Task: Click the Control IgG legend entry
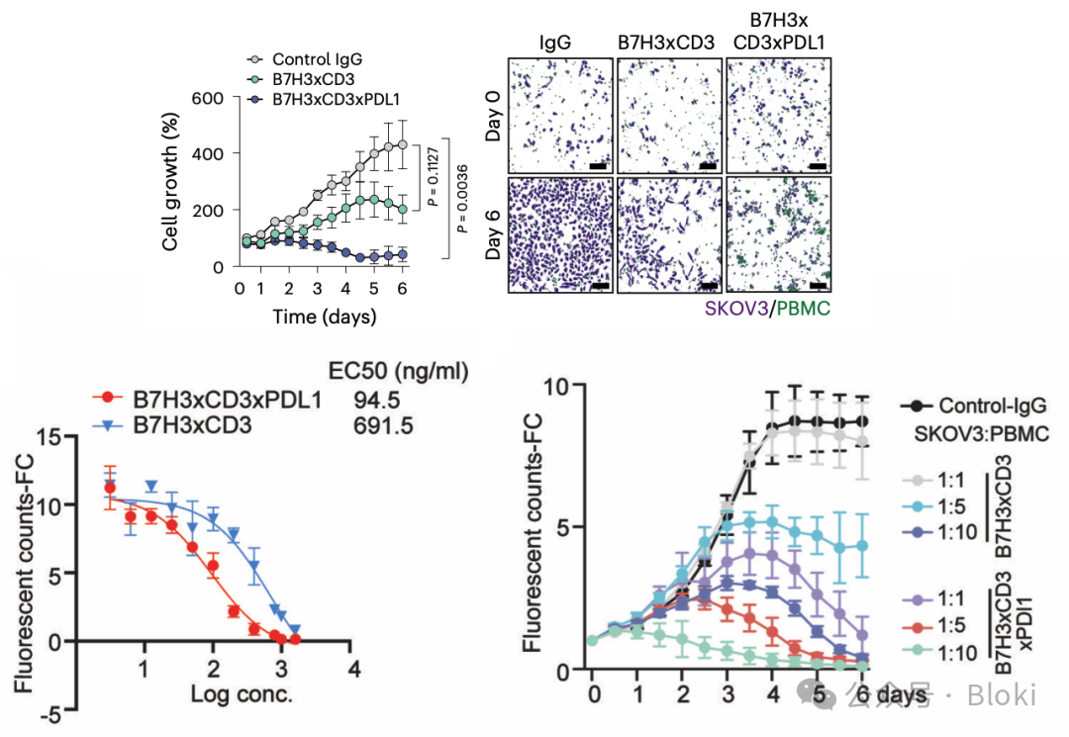[312, 58]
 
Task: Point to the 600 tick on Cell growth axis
[212, 98]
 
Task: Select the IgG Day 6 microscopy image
[559, 234]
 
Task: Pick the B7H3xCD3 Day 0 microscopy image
[668, 116]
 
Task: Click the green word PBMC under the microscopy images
[804, 310]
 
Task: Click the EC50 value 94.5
[372, 401]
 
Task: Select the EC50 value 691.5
[377, 427]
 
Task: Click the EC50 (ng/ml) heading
[397, 372]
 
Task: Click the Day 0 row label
[495, 117]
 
